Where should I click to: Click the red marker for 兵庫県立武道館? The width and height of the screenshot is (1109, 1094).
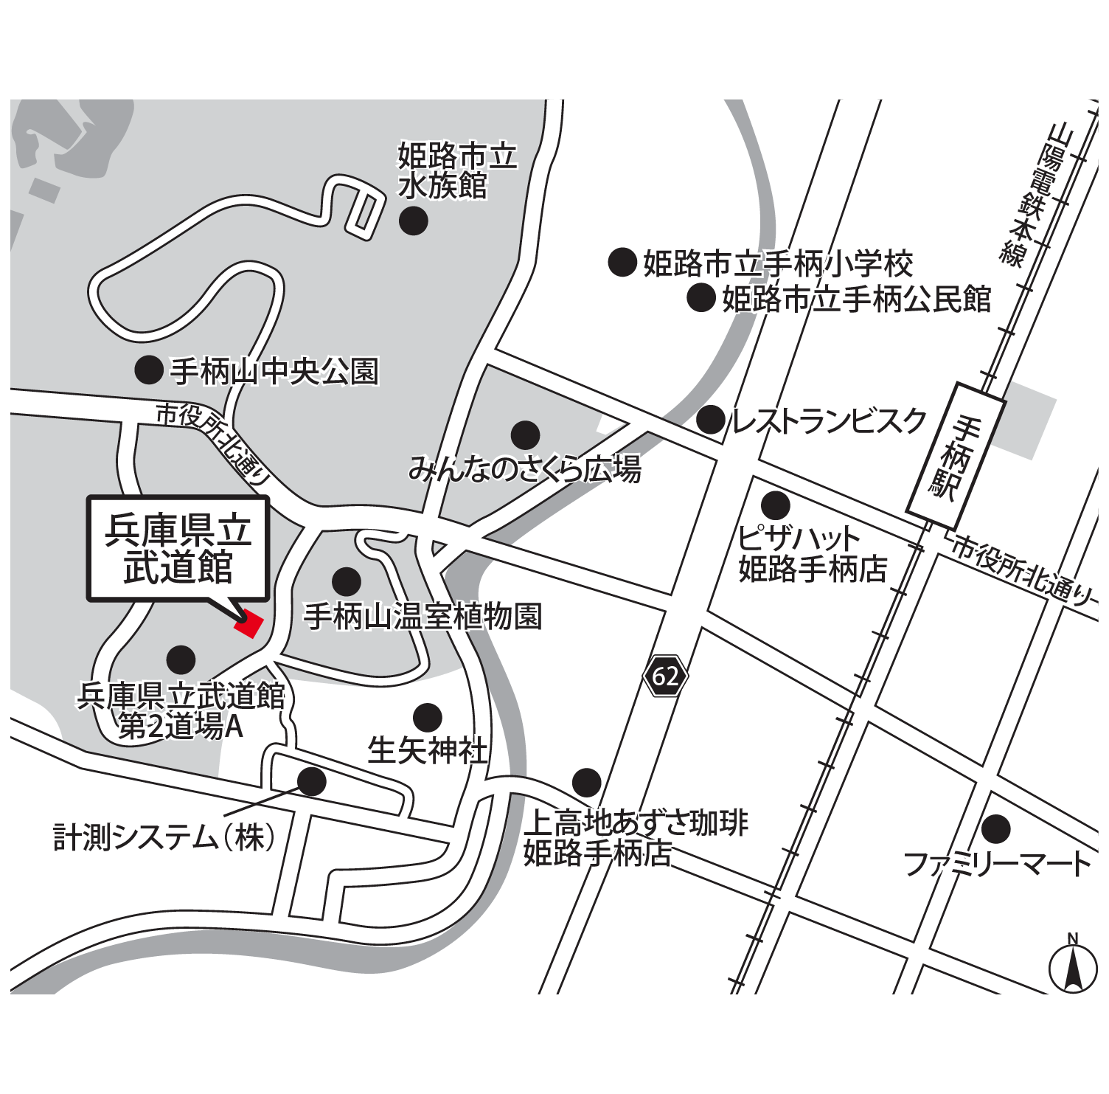(249, 624)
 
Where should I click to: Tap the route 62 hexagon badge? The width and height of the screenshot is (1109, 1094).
(665, 676)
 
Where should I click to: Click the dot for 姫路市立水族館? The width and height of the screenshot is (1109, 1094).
(413, 220)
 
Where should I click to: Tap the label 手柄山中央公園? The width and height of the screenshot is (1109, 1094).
(274, 371)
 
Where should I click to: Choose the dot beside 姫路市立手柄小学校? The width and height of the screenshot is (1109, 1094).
(622, 262)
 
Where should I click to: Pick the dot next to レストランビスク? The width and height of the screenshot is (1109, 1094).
(711, 420)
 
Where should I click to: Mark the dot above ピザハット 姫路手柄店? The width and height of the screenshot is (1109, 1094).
(775, 505)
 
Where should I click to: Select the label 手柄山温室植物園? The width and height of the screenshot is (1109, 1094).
(423, 616)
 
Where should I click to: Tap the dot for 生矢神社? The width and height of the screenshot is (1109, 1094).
(428, 716)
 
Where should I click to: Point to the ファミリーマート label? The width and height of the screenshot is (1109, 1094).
(997, 863)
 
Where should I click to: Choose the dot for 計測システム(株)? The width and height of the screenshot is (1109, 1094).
(311, 781)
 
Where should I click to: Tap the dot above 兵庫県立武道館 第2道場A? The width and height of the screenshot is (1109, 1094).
(181, 660)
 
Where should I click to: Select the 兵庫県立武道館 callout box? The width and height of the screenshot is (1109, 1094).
(178, 549)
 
